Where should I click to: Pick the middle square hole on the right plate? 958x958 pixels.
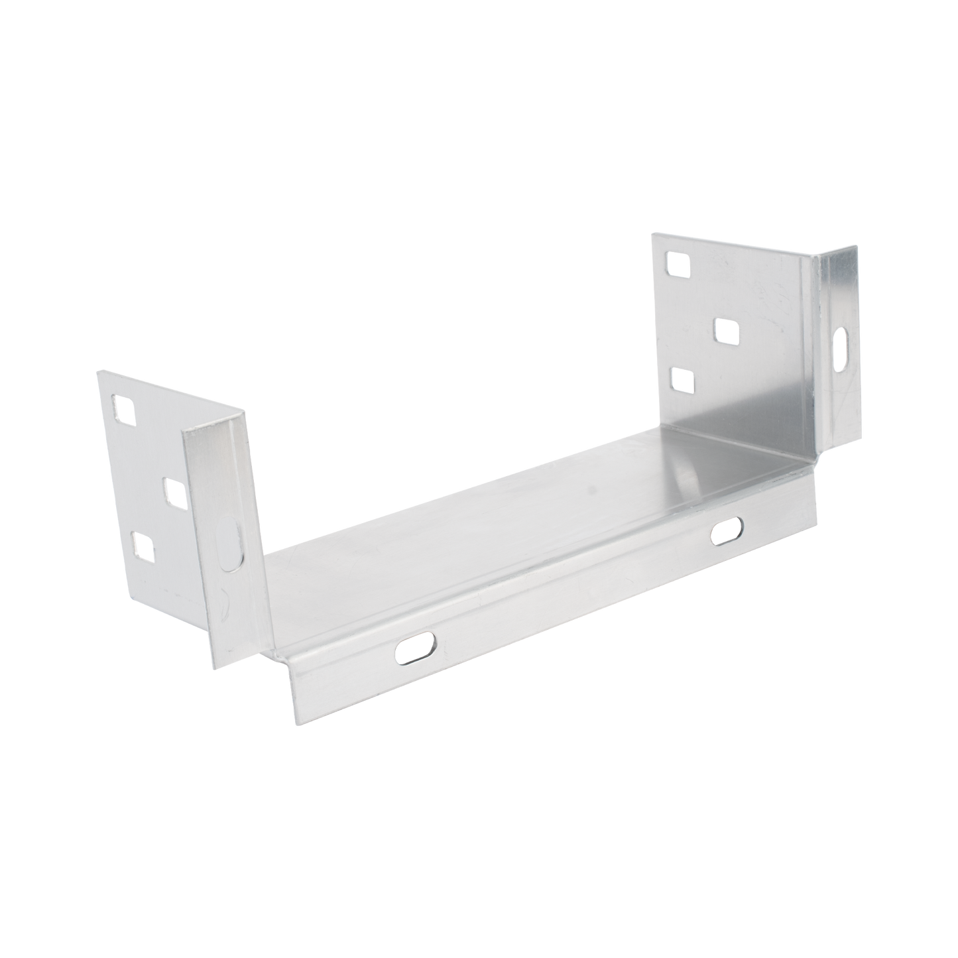click(x=727, y=331)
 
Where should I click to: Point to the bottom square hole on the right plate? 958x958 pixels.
click(x=683, y=381)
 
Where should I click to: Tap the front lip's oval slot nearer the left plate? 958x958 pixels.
click(x=416, y=647)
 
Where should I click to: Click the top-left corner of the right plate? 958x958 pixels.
click(x=651, y=232)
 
